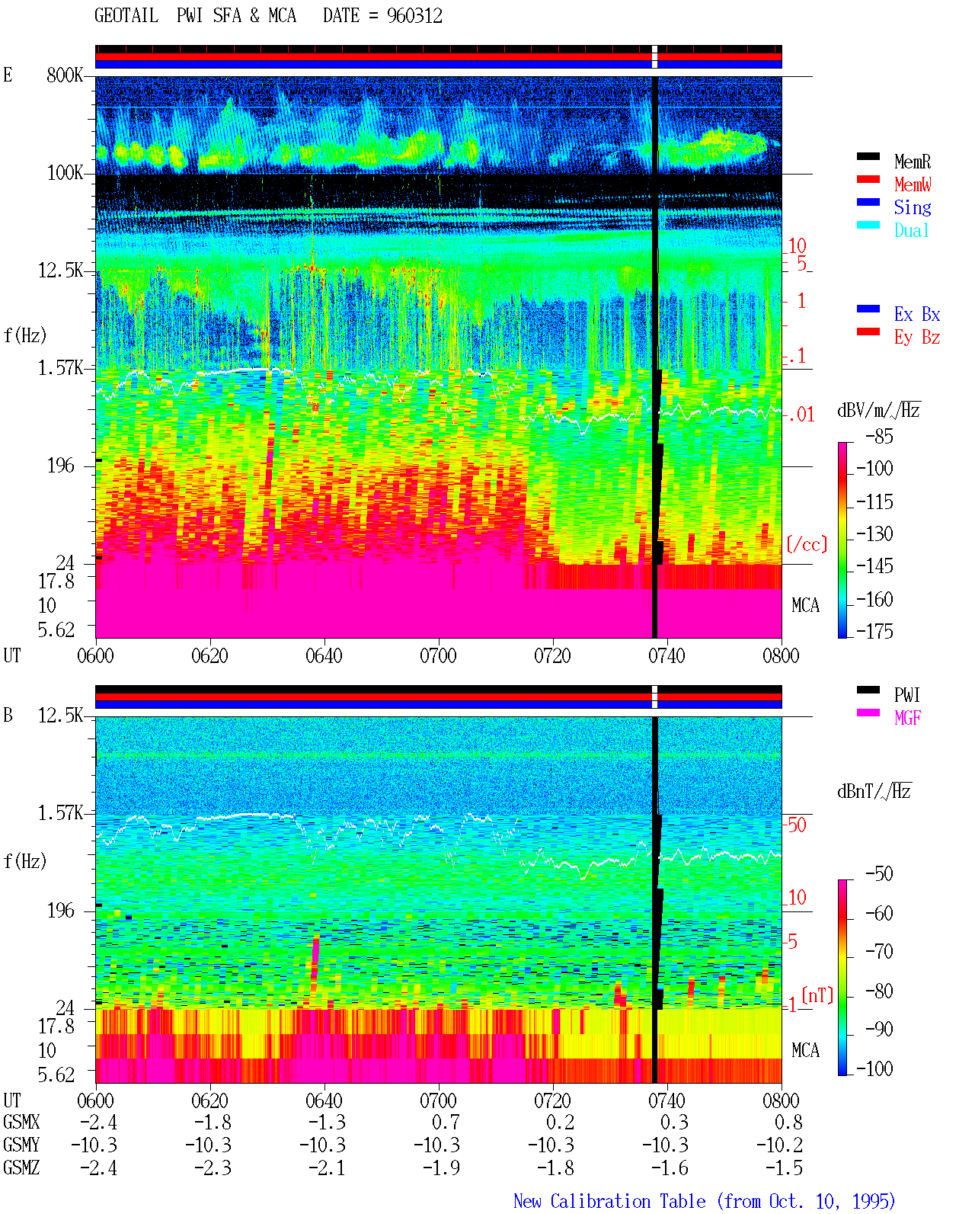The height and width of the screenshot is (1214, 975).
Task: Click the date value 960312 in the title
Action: [x=414, y=16]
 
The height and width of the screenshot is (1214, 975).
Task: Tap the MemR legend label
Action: [x=912, y=162]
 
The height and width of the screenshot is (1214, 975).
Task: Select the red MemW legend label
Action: [x=913, y=184]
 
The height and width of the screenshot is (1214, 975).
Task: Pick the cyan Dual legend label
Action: [x=911, y=230]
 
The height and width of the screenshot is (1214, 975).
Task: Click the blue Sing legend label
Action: [x=912, y=207]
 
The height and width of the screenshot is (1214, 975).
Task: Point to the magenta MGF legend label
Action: [x=907, y=718]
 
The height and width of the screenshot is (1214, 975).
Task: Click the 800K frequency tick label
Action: [x=65, y=75]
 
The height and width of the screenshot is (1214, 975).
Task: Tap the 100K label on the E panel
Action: [x=65, y=173]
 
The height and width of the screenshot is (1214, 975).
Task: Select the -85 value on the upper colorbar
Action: [x=879, y=436]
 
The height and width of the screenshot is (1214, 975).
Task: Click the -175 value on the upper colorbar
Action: [x=874, y=631]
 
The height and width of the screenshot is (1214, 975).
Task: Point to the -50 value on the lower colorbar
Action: [x=879, y=874]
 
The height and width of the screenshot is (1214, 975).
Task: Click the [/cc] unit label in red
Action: [x=807, y=544]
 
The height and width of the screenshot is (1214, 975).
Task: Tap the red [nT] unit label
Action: [x=817, y=995]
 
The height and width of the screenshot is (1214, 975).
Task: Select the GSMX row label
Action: [x=21, y=1122]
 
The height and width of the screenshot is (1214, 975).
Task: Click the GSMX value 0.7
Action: [x=446, y=1122]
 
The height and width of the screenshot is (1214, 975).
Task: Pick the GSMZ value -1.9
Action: [x=442, y=1168]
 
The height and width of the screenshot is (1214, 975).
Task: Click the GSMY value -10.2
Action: [x=779, y=1145]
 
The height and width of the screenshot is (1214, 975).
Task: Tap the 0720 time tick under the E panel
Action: [x=553, y=656]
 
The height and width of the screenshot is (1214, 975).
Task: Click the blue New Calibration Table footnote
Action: [x=704, y=1201]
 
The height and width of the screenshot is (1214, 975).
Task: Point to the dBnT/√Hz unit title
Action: [x=874, y=792]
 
